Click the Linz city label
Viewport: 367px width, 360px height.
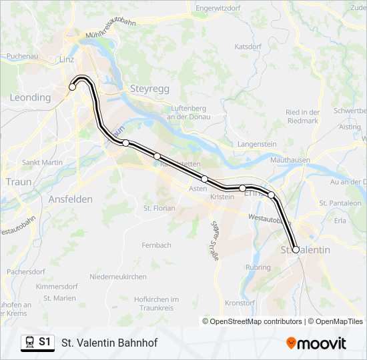point(66,59)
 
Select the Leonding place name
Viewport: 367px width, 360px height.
point(30,97)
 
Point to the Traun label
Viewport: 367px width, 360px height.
point(18,181)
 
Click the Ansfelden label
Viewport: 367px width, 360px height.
point(70,199)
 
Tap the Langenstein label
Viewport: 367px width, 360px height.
point(257,144)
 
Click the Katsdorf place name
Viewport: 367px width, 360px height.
point(248,47)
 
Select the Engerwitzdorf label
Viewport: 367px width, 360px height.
point(218,9)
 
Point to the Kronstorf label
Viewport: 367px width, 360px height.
point(241,303)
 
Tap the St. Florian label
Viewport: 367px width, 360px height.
point(159,208)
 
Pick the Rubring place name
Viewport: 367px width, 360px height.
point(258,267)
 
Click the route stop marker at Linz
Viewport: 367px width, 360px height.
point(73,87)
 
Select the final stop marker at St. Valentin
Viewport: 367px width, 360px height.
point(296,250)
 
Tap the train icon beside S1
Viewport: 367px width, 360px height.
point(29,343)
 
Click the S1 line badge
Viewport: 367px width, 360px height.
point(45,343)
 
